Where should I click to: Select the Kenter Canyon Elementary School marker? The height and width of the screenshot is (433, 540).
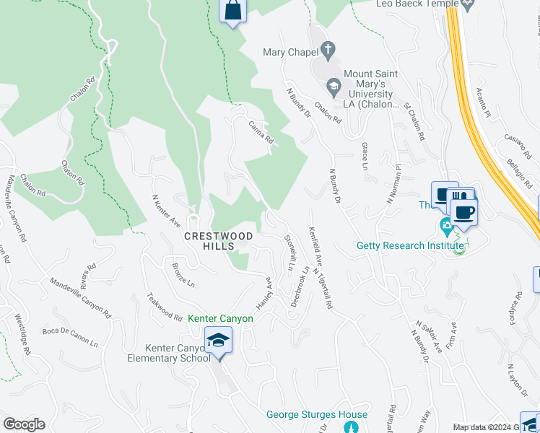coord(218,339)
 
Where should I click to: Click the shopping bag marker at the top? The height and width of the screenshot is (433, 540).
coord(232,12)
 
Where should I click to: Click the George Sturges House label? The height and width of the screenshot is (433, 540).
coord(317,414)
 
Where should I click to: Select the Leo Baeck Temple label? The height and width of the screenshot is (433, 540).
coord(417,4)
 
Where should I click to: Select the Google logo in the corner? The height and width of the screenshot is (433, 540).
coord(24,424)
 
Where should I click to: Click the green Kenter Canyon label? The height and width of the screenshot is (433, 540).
coord(220,318)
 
